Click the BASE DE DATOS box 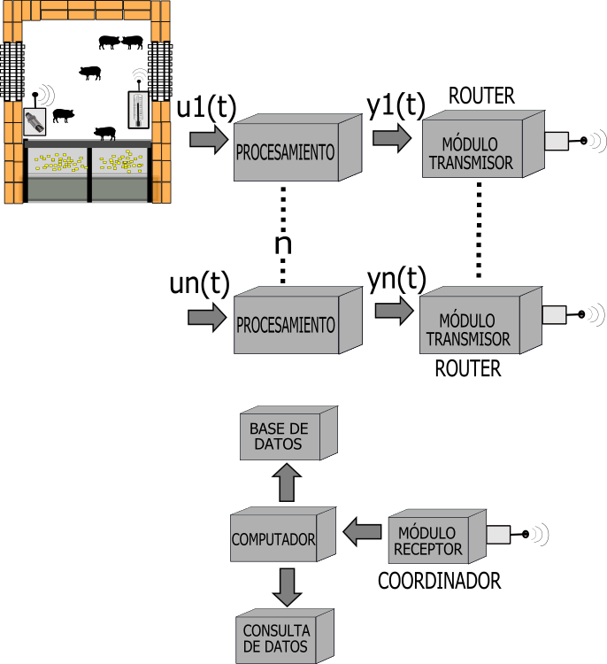tap(279, 436)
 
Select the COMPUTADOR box tap(274, 538)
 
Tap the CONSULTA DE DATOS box tap(276, 638)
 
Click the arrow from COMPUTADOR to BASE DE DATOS tap(287, 484)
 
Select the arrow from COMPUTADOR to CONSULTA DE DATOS tap(287, 587)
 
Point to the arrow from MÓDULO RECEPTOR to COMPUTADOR tap(362, 532)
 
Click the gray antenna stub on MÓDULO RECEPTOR tap(498, 535)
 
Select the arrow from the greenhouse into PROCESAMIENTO tap(209, 139)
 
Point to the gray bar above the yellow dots tap(88, 143)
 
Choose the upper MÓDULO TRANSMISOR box tap(470, 153)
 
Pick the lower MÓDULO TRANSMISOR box tap(468, 328)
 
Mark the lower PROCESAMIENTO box tap(286, 325)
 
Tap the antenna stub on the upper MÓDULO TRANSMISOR tap(556, 141)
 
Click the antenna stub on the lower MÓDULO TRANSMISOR tap(554, 314)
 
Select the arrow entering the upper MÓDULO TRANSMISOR tap(392, 137)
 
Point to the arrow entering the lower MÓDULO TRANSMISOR tap(394, 311)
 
